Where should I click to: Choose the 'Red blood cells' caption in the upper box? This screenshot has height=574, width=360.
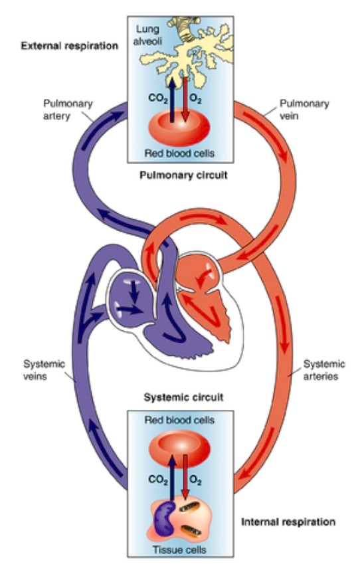click(179, 154)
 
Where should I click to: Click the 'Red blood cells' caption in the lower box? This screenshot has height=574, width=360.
click(179, 421)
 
